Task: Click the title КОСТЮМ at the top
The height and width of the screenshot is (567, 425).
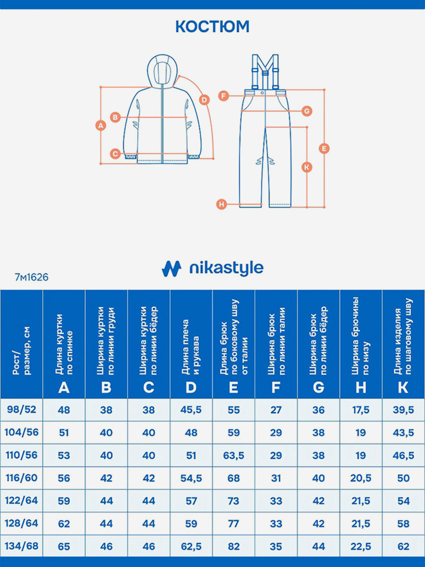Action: pyautogui.click(x=212, y=26)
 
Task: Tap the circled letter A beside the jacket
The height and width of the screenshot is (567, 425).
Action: pyautogui.click(x=100, y=125)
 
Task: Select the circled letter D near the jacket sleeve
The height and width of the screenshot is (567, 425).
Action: pyautogui.click(x=204, y=100)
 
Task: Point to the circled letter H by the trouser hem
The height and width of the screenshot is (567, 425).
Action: pyautogui.click(x=221, y=204)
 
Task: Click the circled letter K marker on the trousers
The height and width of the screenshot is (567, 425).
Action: pyautogui.click(x=307, y=167)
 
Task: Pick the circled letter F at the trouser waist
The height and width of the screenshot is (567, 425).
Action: pyautogui.click(x=223, y=96)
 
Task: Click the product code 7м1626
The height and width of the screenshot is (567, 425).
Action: pyautogui.click(x=32, y=277)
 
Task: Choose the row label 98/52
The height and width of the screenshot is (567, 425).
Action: pyautogui.click(x=22, y=410)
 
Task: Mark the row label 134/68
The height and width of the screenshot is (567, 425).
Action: pyautogui.click(x=22, y=546)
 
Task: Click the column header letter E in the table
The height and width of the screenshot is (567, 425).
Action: pyautogui.click(x=234, y=387)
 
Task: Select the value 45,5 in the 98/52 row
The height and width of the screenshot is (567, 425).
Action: pyautogui.click(x=191, y=410)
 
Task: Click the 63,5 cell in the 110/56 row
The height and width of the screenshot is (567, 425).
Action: pyautogui.click(x=234, y=455)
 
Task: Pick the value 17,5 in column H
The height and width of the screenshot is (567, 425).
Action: pyautogui.click(x=361, y=410)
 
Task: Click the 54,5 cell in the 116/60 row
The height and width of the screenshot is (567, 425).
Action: pyautogui.click(x=191, y=478)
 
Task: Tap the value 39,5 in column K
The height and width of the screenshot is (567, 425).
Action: pyautogui.click(x=403, y=410)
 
